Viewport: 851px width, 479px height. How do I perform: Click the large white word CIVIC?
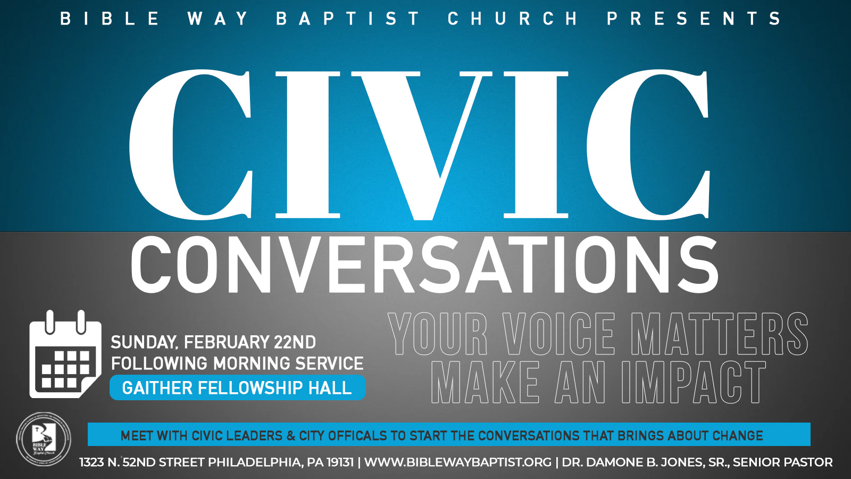point(420,144)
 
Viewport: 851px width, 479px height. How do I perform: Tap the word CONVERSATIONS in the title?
point(424,265)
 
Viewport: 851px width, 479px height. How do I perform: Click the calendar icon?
point(65,354)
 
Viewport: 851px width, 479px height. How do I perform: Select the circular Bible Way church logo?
point(43,439)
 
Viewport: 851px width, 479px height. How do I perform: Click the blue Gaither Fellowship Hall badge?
point(237,388)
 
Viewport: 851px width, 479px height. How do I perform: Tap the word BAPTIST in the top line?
point(348,18)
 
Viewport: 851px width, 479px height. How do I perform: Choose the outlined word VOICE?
point(558,334)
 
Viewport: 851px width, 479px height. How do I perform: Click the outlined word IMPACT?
point(694,382)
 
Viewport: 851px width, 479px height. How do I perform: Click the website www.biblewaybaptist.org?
point(458,463)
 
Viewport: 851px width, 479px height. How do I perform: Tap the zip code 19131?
point(340,463)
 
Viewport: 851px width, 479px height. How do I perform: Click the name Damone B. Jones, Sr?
point(644,463)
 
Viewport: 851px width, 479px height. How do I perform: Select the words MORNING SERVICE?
point(288,364)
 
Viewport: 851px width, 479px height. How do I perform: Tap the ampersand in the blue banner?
point(291,435)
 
